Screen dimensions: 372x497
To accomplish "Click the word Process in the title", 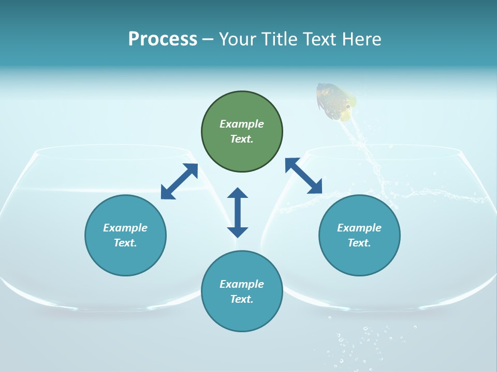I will click(163, 39).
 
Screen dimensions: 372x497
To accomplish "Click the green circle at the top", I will click(242, 132).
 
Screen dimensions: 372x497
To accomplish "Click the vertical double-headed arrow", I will click(238, 212).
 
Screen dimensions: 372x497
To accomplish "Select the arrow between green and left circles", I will click(179, 181).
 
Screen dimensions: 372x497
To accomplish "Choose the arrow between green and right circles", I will click(304, 176).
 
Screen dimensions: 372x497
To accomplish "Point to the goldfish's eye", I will click(347, 107).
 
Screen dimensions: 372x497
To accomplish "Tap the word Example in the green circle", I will click(242, 124).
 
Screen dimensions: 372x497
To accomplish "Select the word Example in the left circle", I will click(125, 228).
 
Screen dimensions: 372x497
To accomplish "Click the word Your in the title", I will click(236, 39).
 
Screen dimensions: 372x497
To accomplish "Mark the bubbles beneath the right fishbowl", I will click(362, 341).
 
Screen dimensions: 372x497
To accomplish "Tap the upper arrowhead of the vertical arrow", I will click(238, 193).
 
